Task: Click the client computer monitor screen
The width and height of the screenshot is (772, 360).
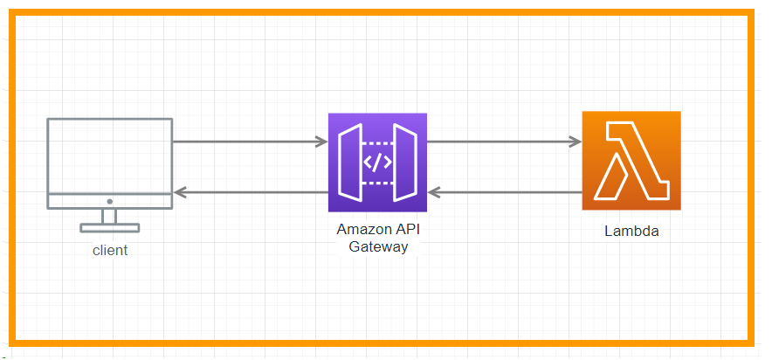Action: (109, 156)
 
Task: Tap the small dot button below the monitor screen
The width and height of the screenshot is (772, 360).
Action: (109, 201)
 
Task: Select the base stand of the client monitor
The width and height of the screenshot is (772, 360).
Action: (109, 228)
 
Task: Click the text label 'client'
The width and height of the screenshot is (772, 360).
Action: (110, 251)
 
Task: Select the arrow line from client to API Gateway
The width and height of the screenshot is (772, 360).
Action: (245, 141)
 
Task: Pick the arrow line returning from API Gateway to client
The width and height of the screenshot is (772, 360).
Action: (253, 191)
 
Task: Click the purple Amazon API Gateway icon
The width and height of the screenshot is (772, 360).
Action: (377, 163)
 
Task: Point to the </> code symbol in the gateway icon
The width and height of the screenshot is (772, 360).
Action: (377, 163)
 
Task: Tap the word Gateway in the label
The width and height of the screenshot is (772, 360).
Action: (377, 246)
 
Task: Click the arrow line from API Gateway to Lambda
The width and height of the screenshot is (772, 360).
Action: (502, 141)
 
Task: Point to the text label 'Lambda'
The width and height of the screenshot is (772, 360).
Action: (631, 232)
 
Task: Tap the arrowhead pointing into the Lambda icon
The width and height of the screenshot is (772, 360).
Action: (576, 141)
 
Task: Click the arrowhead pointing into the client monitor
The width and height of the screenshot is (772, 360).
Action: (179, 191)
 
